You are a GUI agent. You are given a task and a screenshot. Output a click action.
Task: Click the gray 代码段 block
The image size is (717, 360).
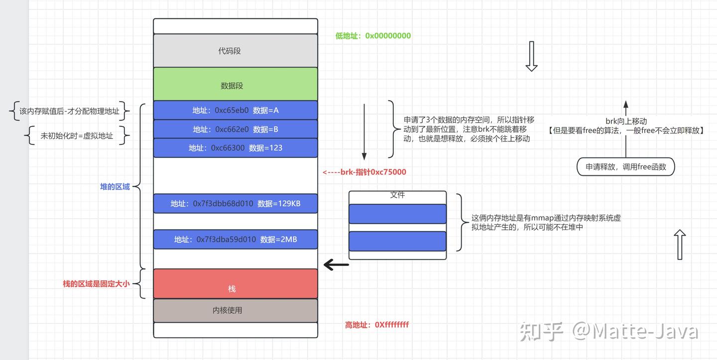pos(235,51)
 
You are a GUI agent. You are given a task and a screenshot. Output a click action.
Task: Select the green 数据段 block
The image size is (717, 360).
pos(235,85)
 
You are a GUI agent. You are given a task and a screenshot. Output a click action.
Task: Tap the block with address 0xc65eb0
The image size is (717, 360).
pos(235,110)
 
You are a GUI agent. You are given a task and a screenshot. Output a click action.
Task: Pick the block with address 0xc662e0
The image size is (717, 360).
pos(235,129)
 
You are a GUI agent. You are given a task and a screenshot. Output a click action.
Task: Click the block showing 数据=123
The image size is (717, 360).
pos(235,148)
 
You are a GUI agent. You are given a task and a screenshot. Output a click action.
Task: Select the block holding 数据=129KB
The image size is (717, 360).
pos(235,203)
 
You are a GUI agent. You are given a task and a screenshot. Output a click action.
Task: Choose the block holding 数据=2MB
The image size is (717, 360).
pos(235,239)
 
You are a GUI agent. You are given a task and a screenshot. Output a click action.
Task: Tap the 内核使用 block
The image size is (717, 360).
pos(235,310)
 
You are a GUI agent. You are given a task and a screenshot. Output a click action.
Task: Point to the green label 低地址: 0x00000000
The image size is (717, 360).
pos(373,36)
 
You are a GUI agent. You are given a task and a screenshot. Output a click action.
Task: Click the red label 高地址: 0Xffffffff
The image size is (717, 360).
pos(377,325)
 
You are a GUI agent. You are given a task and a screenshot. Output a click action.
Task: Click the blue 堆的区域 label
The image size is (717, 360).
pos(115,187)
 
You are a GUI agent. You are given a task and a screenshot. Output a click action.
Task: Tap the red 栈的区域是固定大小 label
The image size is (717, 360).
pos(96,284)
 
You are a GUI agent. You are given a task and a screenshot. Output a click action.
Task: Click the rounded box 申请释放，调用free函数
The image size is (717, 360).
pos(626,167)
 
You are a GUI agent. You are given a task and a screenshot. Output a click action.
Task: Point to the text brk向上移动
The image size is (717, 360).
pos(626,121)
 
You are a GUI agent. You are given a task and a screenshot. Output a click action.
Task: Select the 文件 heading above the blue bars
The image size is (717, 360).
pos(397,195)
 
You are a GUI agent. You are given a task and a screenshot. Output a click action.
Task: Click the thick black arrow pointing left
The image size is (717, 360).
pos(336,264)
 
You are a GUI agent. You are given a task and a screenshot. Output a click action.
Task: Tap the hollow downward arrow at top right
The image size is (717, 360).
pos(531,56)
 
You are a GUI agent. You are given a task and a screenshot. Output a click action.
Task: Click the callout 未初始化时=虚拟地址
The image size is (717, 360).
pos(77,135)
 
